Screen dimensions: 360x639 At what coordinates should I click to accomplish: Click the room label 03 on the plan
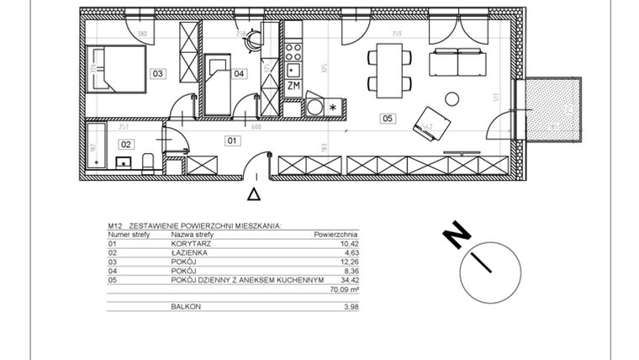157,74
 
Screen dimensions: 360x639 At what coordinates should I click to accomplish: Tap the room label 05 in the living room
387,119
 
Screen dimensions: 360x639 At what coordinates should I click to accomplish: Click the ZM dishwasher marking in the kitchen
293,86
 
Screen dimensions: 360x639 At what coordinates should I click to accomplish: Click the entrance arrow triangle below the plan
255,194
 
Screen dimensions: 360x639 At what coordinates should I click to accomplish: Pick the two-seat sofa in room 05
455,63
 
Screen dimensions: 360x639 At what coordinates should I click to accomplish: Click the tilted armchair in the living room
426,119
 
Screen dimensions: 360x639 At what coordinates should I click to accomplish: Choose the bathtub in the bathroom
95,146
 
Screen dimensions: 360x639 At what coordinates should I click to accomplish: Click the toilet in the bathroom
147,160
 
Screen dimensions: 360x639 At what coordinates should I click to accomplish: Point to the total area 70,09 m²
343,290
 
